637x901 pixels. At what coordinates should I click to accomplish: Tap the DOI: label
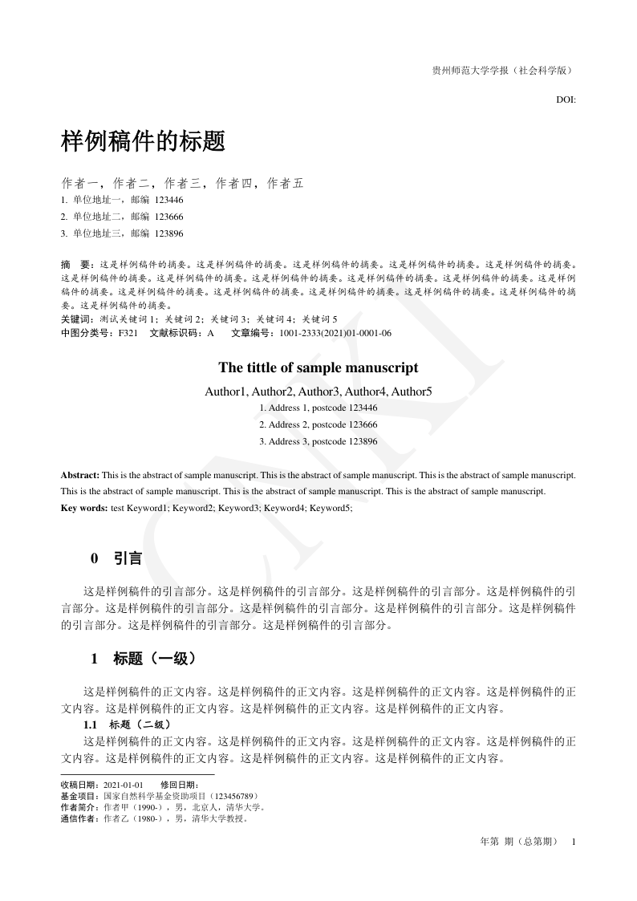tap(566, 99)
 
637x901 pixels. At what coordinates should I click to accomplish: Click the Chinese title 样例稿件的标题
tap(143, 142)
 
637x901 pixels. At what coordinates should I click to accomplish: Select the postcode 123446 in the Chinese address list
tap(169, 200)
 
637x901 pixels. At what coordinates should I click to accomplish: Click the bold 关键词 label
tap(76, 319)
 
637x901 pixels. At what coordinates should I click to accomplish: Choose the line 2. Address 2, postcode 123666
tap(318, 424)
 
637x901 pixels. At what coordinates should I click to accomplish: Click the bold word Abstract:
tap(80, 475)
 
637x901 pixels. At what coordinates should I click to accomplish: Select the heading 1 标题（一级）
tap(143, 659)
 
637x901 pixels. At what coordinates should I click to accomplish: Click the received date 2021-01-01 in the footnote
tap(124, 784)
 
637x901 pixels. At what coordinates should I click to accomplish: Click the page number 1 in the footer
tap(573, 842)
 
